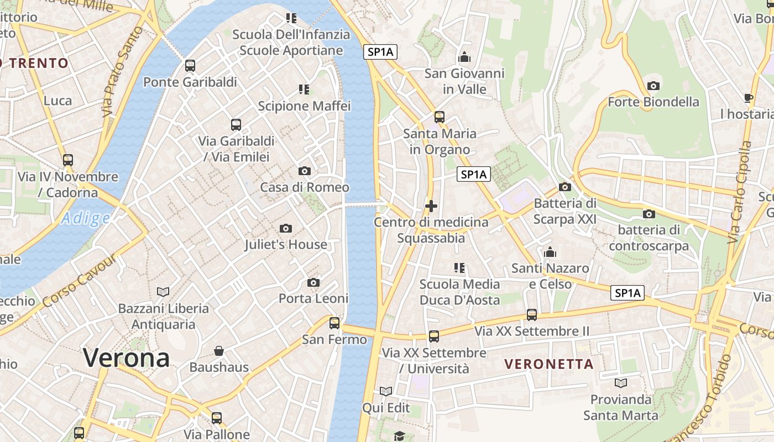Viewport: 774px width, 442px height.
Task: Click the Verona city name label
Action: tap(126, 358)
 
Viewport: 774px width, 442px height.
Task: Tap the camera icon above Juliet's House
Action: tap(286, 228)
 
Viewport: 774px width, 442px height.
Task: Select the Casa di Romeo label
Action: tap(305, 187)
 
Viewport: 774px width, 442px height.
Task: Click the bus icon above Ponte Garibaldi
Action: tap(190, 66)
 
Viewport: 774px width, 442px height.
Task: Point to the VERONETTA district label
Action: tap(549, 364)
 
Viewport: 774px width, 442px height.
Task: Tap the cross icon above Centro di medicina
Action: tap(431, 207)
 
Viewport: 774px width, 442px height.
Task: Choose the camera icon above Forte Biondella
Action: tap(653, 86)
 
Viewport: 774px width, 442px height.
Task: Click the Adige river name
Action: tap(86, 219)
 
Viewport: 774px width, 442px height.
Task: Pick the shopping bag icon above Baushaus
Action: tap(219, 351)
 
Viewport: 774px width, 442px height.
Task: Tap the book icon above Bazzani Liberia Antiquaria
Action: tap(163, 292)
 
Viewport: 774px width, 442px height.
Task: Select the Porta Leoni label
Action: tap(313, 298)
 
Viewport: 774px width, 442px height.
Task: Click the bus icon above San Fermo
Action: tap(334, 323)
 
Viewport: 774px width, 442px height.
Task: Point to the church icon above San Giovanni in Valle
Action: tap(464, 57)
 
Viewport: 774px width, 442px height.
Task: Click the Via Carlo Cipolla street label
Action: tap(740, 192)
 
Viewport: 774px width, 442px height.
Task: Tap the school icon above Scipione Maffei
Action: tap(304, 89)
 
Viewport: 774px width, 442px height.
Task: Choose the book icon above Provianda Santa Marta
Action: tap(621, 383)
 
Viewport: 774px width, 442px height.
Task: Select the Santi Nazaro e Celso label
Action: tap(550, 276)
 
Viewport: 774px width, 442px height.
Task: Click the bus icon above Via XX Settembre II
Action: tap(532, 315)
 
